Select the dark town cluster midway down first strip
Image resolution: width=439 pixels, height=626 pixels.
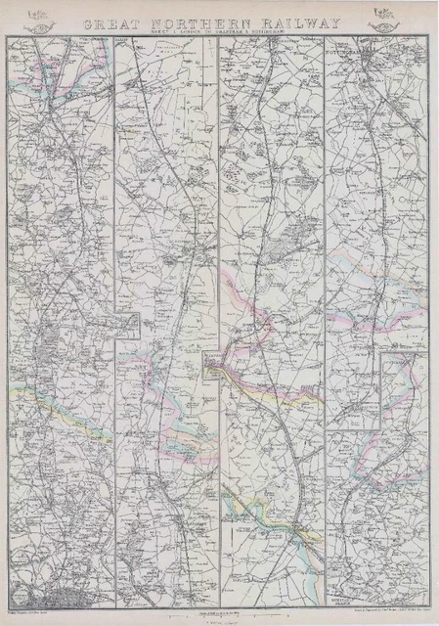(49, 342)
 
